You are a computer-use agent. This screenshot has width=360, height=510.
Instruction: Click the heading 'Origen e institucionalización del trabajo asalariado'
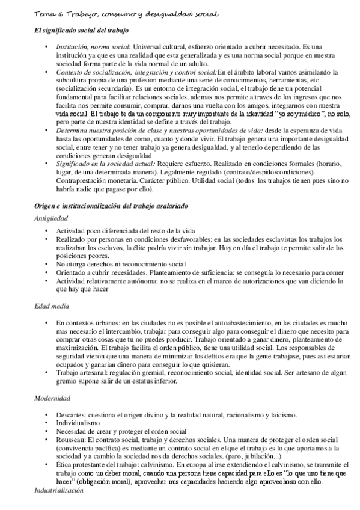tap(111, 206)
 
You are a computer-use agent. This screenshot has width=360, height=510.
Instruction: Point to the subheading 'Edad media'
tap(53, 306)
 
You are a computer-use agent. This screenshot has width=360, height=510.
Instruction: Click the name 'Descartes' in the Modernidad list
tap(72, 416)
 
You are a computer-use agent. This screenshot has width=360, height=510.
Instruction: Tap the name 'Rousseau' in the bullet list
tap(72, 439)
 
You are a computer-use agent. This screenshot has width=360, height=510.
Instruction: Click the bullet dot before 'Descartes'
tap(47, 416)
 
